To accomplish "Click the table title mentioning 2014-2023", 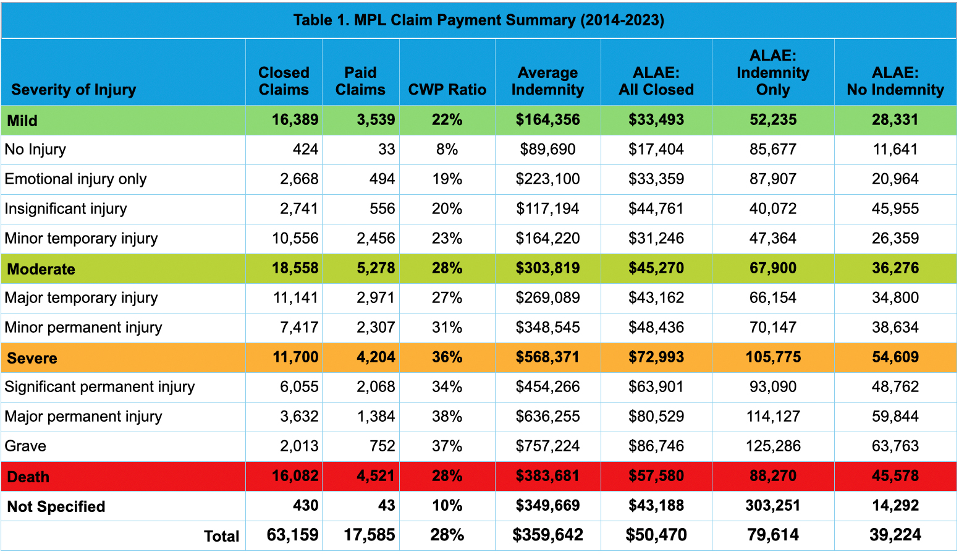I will pos(479,20).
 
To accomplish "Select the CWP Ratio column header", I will pos(447,90).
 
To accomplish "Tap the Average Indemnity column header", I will pos(547,81).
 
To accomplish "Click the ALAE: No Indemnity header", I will pos(895,81).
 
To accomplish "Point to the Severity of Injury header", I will pos(74,90).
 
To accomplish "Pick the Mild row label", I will pos(22,121).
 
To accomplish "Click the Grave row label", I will pos(25,446).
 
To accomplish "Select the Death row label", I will pos(28,477).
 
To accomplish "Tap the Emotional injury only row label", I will pos(75,179).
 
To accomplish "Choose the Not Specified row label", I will pos(56,506).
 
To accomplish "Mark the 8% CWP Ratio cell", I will pos(447,150).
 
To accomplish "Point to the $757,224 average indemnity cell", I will pos(547,446).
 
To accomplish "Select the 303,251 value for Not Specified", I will pos(772,506).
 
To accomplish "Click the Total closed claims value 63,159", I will pos(292,535).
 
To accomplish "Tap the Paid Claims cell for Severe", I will pos(376,357).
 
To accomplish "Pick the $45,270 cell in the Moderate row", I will pos(656,268).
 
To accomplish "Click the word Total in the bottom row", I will pos(222,536).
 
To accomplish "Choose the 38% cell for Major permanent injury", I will pos(447,417).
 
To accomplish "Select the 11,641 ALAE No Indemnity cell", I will pos(895,150).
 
